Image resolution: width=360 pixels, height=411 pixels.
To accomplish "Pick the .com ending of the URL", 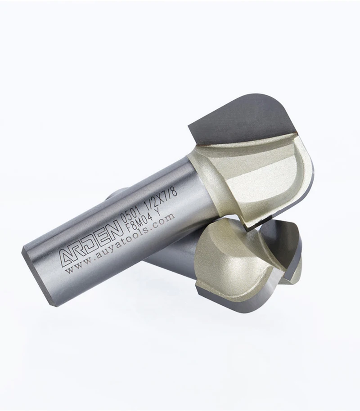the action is coord(164,219).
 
